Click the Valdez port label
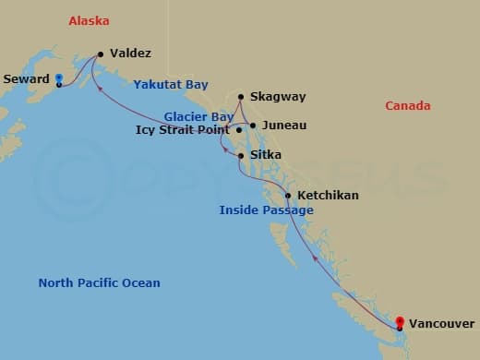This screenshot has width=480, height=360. click(x=130, y=54)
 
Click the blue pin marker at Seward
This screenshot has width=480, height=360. click(x=58, y=79)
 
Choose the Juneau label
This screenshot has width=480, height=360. click(x=283, y=126)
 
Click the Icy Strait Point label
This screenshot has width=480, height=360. click(x=182, y=131)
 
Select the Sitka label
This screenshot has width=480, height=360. click(x=265, y=156)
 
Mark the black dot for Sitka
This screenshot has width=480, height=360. click(x=241, y=156)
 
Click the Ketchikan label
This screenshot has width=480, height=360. click(x=328, y=196)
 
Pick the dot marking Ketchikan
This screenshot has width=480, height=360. click(x=288, y=196)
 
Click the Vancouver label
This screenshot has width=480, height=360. click(x=442, y=324)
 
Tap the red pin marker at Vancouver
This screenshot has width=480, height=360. click(x=399, y=322)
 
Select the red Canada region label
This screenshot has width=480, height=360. click(x=408, y=106)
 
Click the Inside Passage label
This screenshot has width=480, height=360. click(x=266, y=210)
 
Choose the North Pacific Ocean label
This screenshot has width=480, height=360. click(x=99, y=283)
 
